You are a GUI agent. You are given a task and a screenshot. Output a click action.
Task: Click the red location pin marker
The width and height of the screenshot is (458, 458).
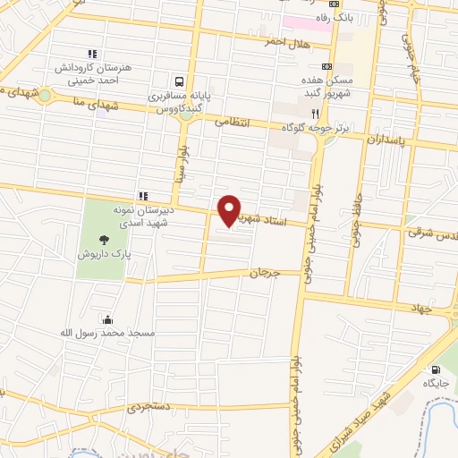[230, 210]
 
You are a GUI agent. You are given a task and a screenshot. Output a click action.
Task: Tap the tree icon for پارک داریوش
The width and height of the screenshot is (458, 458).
[104, 239]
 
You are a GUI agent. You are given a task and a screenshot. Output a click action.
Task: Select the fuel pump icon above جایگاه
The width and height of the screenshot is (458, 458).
[436, 369]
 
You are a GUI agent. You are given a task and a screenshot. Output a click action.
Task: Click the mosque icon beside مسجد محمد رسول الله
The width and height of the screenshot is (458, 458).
[107, 319]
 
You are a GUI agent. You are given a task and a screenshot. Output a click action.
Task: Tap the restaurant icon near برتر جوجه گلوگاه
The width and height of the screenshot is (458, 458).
[314, 114]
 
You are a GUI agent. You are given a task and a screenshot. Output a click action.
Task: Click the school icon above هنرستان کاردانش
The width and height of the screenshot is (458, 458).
[89, 54]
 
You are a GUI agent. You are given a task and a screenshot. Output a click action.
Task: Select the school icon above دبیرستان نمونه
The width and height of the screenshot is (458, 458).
[141, 196]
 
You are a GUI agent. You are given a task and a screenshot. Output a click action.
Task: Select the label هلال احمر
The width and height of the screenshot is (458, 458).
[286, 42]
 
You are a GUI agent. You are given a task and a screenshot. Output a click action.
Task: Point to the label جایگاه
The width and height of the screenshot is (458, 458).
[436, 383]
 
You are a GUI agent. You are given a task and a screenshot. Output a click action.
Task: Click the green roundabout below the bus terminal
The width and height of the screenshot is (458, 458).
[185, 114]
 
